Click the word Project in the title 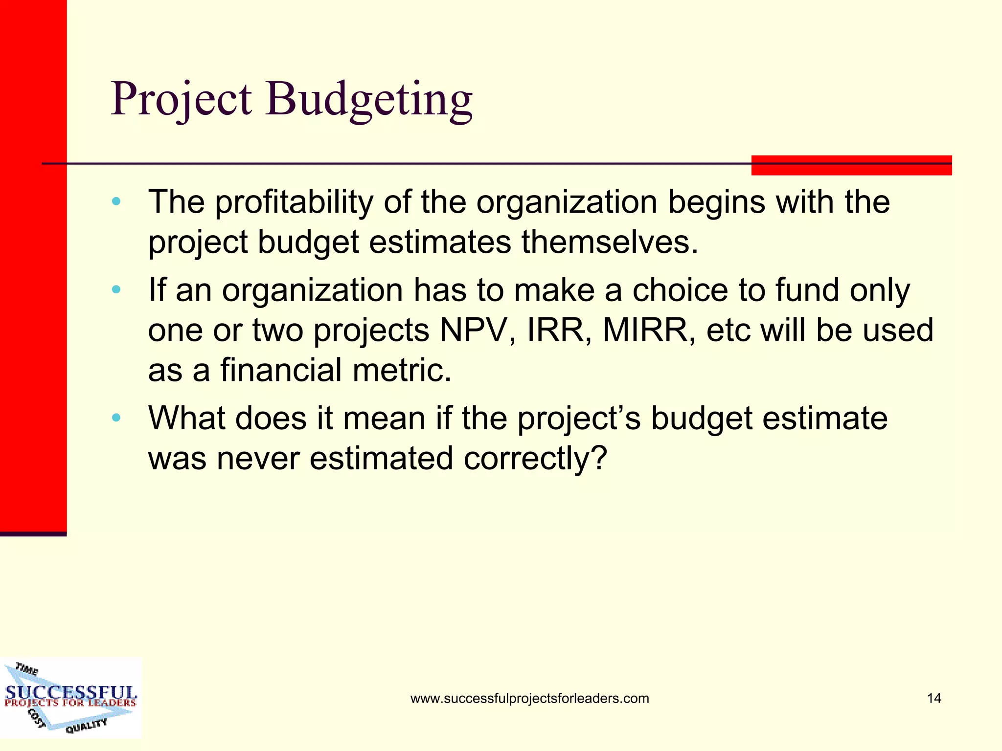coord(181,100)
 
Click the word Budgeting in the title coord(369,100)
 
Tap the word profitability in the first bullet coord(294,202)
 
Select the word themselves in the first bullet coord(609,242)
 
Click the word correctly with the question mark coord(535,459)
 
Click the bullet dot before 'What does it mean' coord(116,418)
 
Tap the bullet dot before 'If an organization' coord(116,290)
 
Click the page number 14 coord(934,698)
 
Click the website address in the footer coord(529,698)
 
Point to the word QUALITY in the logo coord(86,726)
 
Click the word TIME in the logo coord(26,669)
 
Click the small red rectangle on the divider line coord(851,165)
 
